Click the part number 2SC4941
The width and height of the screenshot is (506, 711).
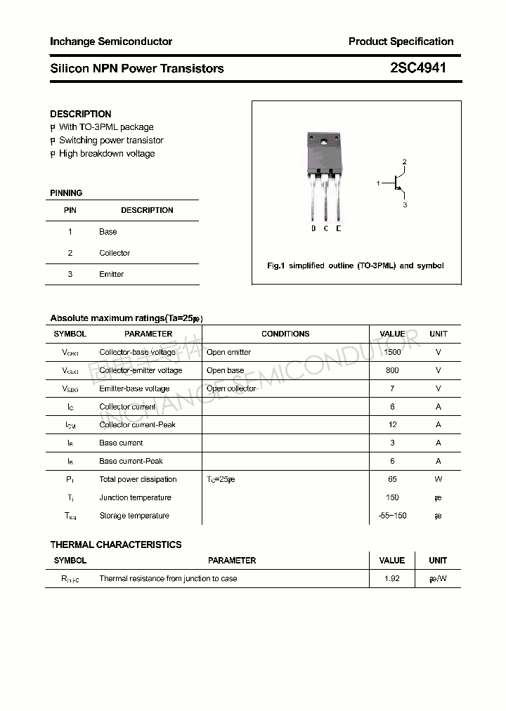(x=417, y=68)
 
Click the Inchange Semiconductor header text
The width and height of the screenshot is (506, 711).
(x=111, y=41)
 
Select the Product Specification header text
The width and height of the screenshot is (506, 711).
(x=401, y=41)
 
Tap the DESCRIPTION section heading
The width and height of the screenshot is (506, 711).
(x=81, y=114)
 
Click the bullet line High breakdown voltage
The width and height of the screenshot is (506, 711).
(x=106, y=153)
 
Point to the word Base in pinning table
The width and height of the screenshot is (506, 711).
(x=108, y=231)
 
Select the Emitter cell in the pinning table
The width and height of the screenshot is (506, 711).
(x=111, y=274)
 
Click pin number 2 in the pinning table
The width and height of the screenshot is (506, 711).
(x=70, y=253)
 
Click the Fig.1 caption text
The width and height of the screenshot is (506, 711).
(x=356, y=266)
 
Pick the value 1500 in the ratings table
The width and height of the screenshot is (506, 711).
(x=392, y=352)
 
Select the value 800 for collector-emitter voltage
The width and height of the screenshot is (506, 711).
(x=392, y=370)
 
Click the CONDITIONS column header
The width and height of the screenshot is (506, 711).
(x=285, y=334)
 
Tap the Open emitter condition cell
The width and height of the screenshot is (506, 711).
(x=228, y=352)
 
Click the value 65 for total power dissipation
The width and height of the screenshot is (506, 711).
(x=392, y=479)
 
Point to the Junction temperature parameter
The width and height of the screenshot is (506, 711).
(x=135, y=497)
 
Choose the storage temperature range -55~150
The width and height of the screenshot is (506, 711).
(x=392, y=516)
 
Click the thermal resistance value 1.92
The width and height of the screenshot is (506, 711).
(x=392, y=579)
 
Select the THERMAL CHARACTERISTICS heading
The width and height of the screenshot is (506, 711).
(x=116, y=544)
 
